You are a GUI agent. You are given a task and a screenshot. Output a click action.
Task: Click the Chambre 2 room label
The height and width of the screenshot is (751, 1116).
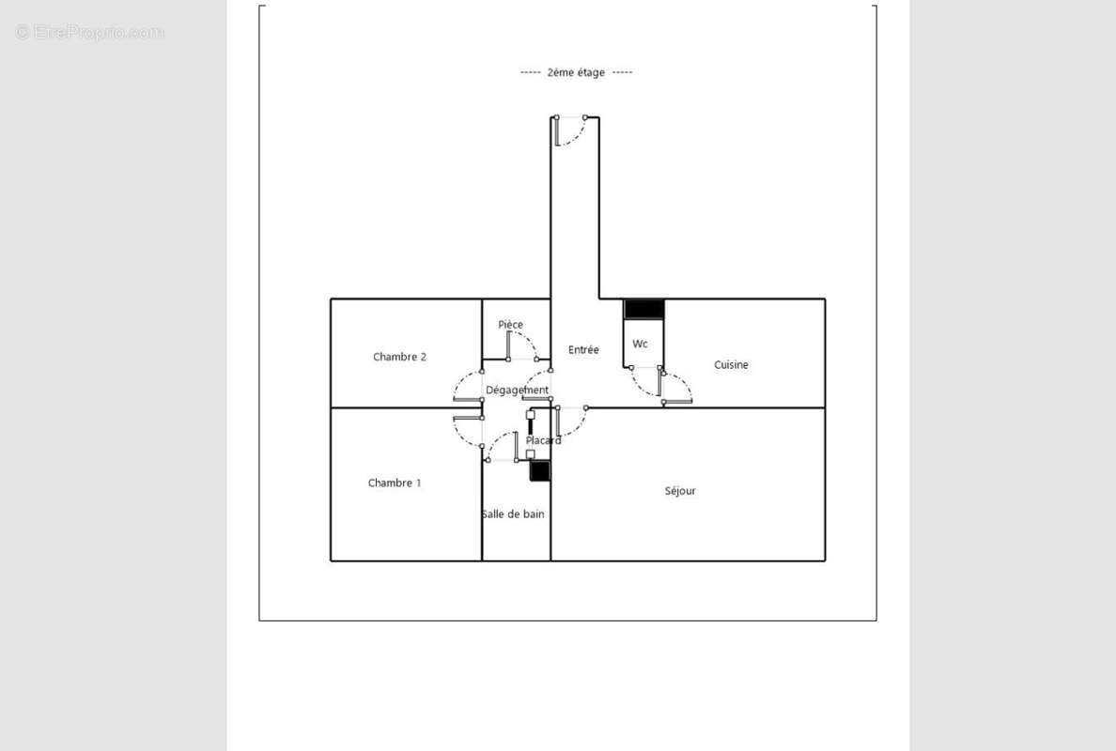click(x=399, y=357)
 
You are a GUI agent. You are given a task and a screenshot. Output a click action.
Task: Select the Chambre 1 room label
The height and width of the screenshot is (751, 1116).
click(x=395, y=483)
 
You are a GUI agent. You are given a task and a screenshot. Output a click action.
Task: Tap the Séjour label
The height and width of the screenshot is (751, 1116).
click(x=680, y=491)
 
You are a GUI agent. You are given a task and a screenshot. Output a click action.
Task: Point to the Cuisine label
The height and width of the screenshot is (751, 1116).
click(x=731, y=365)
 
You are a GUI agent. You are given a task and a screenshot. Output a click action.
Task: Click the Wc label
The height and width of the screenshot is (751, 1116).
click(x=640, y=344)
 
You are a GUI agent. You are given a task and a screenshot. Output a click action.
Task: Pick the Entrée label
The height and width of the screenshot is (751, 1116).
click(x=583, y=350)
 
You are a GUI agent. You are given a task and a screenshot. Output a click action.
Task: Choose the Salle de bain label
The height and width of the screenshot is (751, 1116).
click(x=513, y=514)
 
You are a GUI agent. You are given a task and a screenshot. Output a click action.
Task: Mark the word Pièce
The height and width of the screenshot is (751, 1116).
click(x=511, y=325)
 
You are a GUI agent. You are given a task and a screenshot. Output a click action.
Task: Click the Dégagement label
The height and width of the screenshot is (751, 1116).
click(x=517, y=391)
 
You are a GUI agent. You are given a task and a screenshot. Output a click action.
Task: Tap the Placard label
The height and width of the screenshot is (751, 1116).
click(x=543, y=440)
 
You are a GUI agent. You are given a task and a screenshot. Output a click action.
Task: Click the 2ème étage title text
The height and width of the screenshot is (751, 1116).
click(x=576, y=72)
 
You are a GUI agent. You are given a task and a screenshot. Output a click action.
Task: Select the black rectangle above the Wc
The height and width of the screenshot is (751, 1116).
click(x=644, y=309)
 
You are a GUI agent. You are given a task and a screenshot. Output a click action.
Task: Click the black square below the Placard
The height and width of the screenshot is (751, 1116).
click(x=539, y=471)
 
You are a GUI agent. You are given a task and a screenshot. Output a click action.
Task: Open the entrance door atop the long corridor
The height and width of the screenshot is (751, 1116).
click(x=570, y=130)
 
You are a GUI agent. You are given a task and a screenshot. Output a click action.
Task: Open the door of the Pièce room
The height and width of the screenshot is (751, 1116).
click(x=522, y=346)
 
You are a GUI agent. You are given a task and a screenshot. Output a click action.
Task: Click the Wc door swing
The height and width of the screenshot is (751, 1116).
click(x=645, y=380)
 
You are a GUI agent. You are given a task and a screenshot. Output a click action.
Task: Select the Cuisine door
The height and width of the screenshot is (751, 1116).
click(x=676, y=388)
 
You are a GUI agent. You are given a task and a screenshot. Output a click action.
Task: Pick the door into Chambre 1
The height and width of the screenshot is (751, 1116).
click(x=468, y=430)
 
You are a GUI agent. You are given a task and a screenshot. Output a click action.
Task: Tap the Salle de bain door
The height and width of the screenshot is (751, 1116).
click(x=502, y=447)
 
